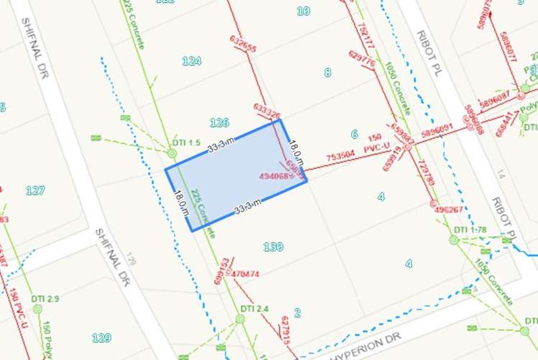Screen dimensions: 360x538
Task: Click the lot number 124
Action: [x=192, y=61]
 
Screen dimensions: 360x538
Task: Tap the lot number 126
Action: [x=219, y=122]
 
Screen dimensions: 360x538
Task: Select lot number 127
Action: [x=35, y=190]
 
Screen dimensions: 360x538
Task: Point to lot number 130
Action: [x=273, y=246]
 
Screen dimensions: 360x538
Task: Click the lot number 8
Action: [x=328, y=72]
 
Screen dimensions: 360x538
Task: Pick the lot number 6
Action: [x=354, y=134]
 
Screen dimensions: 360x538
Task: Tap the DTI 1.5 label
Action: [x=186, y=142]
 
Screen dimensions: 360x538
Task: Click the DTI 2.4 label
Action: [x=254, y=309]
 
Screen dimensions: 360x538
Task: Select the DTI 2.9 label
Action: [x=45, y=298]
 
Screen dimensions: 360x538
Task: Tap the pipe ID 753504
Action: [x=340, y=154]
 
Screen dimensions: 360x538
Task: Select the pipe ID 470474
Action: [x=246, y=274]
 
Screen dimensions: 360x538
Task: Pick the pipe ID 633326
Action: [x=266, y=110]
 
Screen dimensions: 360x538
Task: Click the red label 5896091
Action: [x=437, y=130]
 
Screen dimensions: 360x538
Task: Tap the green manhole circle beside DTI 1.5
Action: [x=172, y=152]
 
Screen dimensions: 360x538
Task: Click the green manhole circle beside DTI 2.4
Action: [x=240, y=318]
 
